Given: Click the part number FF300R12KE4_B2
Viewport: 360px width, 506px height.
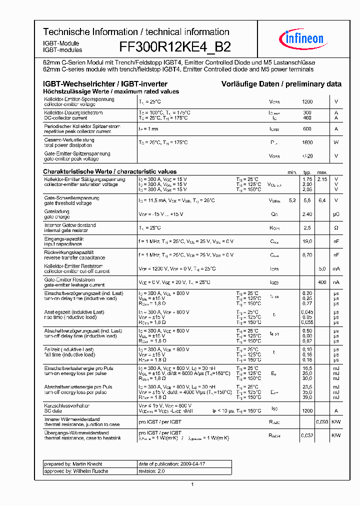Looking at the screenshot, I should tap(175, 47).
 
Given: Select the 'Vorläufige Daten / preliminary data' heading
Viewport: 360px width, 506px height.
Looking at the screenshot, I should tap(281, 84).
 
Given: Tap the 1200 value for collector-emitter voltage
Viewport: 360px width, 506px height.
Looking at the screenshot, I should tap(307, 101).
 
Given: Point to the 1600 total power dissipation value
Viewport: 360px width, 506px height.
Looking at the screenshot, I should tap(307, 142).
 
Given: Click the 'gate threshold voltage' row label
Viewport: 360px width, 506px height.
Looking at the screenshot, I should tap(68, 203).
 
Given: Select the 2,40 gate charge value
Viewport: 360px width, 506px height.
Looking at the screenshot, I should tap(307, 214).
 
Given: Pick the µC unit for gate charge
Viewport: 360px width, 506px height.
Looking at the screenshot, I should tap(336, 214).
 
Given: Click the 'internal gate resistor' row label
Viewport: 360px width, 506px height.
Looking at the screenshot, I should tap(69, 230).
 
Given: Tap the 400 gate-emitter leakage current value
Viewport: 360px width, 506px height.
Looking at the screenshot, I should tap(322, 282).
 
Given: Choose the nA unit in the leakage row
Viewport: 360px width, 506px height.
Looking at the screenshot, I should tap(336, 282).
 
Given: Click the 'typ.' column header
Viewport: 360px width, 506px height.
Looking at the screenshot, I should tap(307, 172).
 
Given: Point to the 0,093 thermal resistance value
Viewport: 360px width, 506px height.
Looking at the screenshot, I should tap(322, 422).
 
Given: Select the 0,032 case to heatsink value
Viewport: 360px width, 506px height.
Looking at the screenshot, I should tap(307, 435).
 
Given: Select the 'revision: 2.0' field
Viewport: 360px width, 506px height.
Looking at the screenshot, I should tap(151, 471).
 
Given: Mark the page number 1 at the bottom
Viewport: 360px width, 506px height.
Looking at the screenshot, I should tap(192, 484).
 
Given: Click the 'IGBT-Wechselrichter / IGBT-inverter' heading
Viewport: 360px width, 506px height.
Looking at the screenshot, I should tap(105, 84).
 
